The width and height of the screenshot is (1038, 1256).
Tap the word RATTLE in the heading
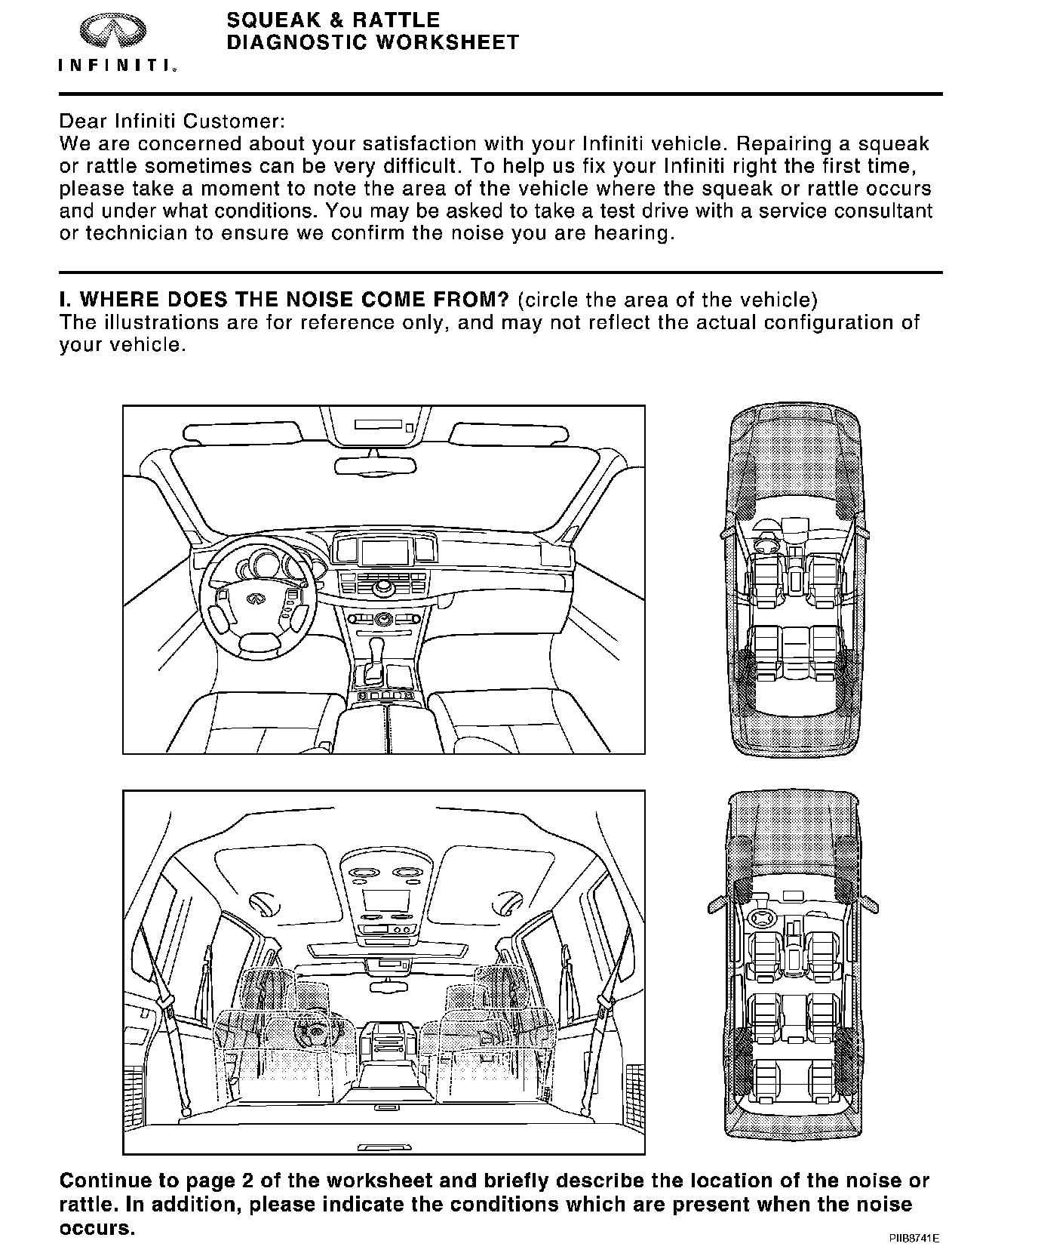pos(395,20)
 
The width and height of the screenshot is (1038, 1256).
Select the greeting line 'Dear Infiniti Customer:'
pos(173,121)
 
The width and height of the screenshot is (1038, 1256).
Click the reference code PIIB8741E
pos(914,1239)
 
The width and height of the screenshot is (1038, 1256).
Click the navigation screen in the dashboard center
pos(384,552)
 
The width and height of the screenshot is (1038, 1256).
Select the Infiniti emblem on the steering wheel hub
pos(256,599)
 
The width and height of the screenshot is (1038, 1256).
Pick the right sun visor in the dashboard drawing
pos(501,433)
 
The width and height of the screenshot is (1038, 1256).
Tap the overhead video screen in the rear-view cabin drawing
pos(385,900)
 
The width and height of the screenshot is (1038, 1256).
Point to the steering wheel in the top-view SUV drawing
pos(763,917)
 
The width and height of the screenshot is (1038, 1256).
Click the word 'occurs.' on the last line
pos(97,1228)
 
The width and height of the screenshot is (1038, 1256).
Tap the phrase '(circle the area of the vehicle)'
pos(668,300)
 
